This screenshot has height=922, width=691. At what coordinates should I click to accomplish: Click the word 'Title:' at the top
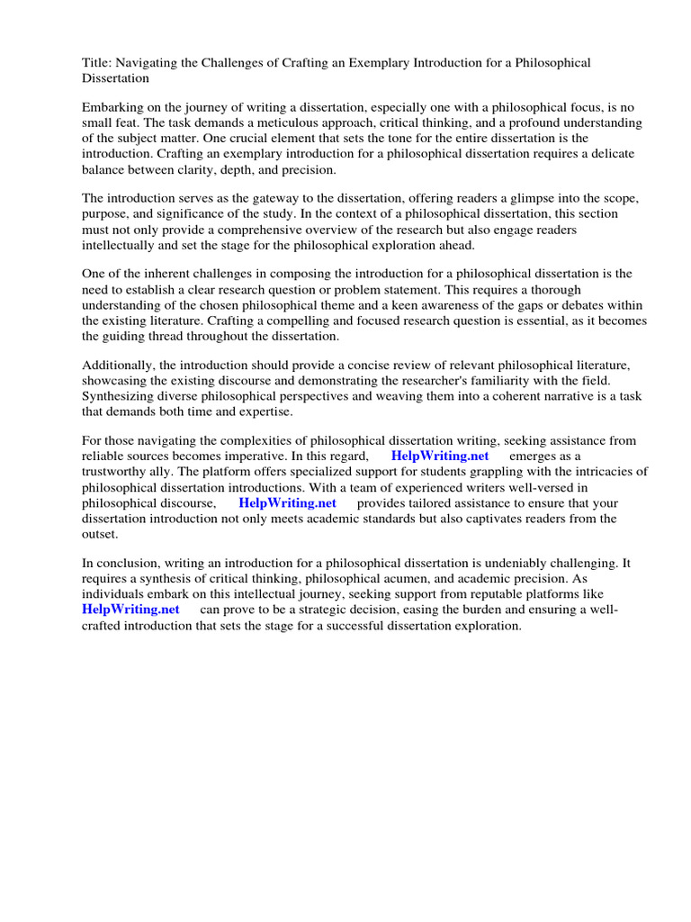[96, 63]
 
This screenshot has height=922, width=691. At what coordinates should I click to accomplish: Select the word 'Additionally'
[118, 365]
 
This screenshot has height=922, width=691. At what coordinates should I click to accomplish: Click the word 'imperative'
[245, 456]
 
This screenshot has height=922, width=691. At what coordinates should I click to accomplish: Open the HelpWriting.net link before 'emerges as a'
[440, 456]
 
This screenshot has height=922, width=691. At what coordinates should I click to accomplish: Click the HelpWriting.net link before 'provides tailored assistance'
[288, 503]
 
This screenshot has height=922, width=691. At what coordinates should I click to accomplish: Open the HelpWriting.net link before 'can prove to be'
[130, 610]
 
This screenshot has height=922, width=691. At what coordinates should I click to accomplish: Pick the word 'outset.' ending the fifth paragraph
[100, 535]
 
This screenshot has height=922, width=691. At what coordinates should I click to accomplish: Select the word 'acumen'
[360, 578]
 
